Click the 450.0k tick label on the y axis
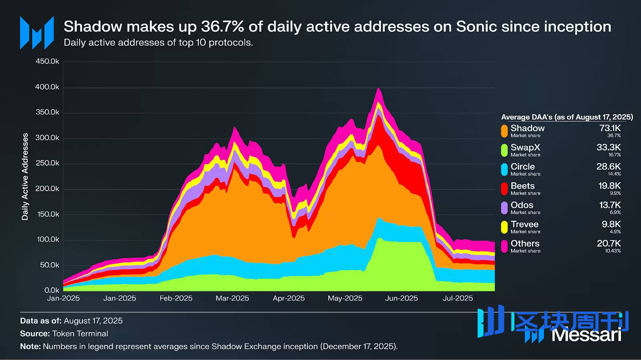(x=47, y=61)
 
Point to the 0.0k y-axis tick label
(x=52, y=290)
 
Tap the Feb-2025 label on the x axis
(x=176, y=298)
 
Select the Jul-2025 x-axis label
(x=458, y=298)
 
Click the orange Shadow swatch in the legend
(x=504, y=131)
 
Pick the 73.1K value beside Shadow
(x=610, y=128)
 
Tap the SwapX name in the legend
(x=525, y=147)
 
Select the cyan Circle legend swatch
(x=504, y=169)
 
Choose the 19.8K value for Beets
(x=609, y=186)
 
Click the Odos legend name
(x=522, y=205)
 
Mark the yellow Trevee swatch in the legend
(x=504, y=227)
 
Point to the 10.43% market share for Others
(x=613, y=251)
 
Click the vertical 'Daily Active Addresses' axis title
(x=25, y=177)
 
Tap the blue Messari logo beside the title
(x=37, y=33)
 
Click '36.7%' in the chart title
(x=222, y=27)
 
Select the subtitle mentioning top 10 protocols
(x=158, y=43)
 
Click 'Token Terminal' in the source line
(x=80, y=334)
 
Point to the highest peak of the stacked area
(x=378, y=88)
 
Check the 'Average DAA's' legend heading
(x=567, y=117)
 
